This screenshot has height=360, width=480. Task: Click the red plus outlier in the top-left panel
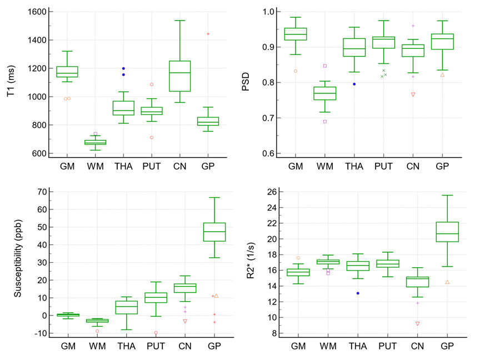tap(208, 34)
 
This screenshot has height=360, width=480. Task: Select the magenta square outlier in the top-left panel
tap(95, 133)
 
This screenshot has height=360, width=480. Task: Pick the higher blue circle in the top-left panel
tap(123, 68)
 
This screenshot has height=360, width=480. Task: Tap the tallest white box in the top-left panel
tap(179, 76)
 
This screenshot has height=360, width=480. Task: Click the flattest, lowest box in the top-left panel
tap(95, 142)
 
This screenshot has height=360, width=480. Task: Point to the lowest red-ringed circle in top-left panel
tap(151, 137)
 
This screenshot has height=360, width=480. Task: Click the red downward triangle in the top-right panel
tap(413, 94)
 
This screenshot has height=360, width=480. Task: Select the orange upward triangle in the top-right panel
tap(442, 74)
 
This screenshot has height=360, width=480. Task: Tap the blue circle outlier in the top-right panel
tap(354, 84)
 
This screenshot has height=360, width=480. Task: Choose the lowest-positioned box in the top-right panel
tap(324, 93)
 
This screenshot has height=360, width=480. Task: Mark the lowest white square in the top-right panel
tap(324, 121)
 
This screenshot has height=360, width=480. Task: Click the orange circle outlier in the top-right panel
tap(295, 71)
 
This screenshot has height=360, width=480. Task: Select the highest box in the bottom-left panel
tap(214, 232)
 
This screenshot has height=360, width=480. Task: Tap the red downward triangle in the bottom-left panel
tap(185, 321)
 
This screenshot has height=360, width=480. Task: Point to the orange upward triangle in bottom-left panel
tap(216, 296)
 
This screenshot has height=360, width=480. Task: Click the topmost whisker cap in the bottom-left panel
tap(214, 197)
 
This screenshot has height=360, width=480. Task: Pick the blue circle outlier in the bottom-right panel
tap(358, 293)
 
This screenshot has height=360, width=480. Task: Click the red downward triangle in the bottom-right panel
tap(417, 323)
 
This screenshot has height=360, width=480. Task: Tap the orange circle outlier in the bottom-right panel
tap(298, 258)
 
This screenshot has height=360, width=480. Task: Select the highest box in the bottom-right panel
tap(447, 232)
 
